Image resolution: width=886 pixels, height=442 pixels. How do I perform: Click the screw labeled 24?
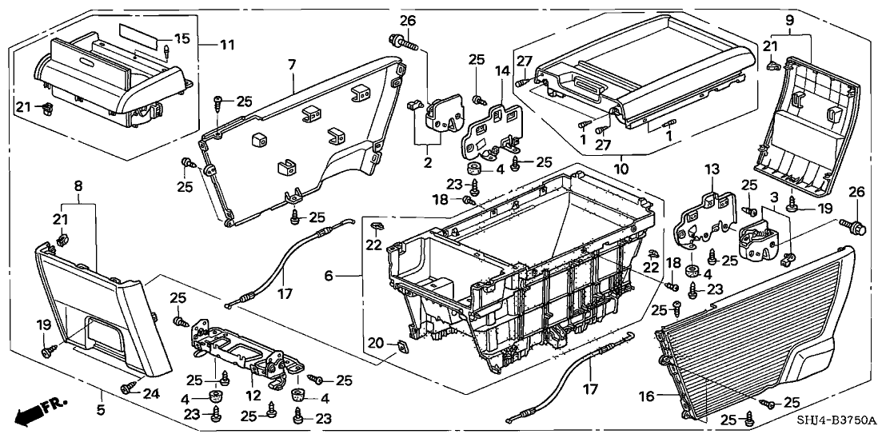point(126,388)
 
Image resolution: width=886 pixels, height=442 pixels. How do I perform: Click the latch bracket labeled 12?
point(240,352)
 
